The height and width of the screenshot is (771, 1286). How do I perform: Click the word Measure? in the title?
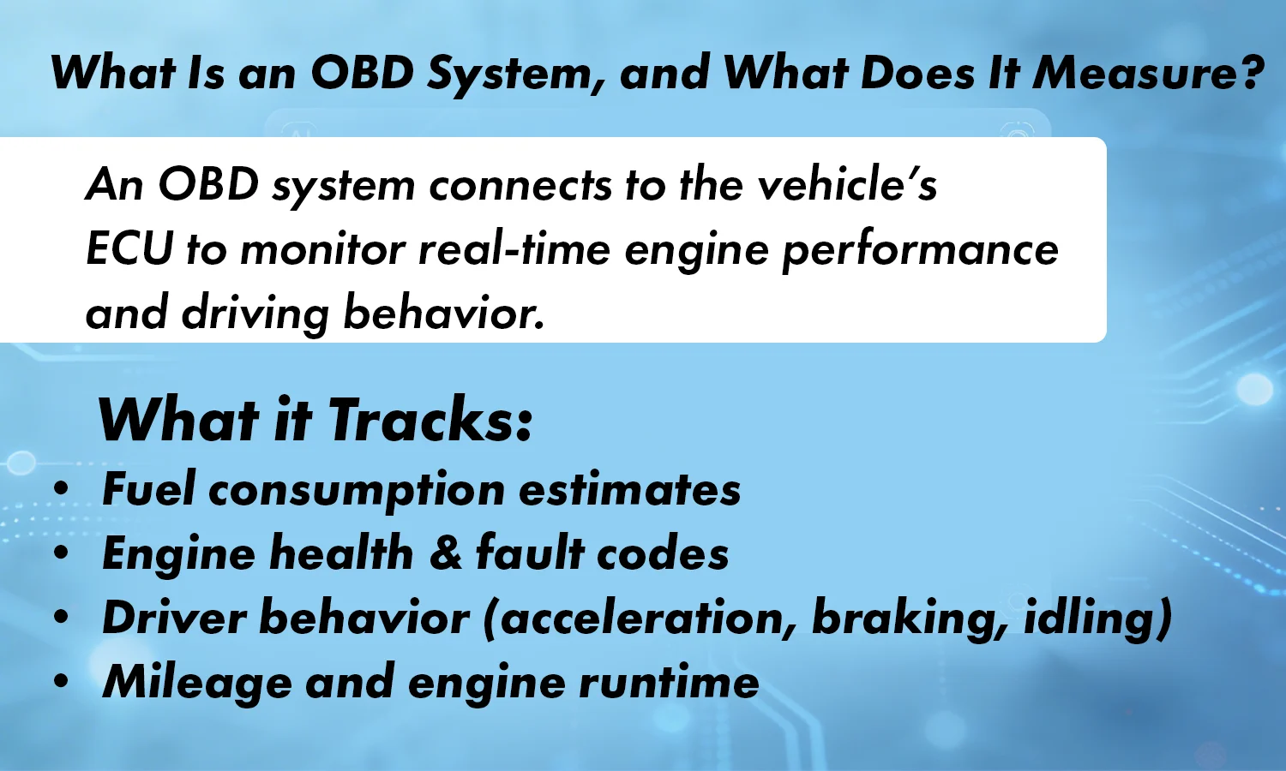point(1148,72)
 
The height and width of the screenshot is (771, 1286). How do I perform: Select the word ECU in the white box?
point(129,249)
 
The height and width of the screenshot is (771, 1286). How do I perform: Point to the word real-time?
point(514,249)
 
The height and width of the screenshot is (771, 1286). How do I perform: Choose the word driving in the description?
point(255,314)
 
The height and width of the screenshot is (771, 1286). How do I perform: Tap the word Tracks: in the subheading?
point(430,420)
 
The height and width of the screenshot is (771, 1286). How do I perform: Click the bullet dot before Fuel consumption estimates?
point(60,489)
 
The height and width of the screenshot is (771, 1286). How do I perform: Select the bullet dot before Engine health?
point(60,553)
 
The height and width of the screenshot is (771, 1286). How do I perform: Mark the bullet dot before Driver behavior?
point(60,618)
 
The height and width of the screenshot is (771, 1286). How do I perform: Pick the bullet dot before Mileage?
point(60,682)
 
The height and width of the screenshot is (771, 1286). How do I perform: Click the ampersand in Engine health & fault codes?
point(445,553)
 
